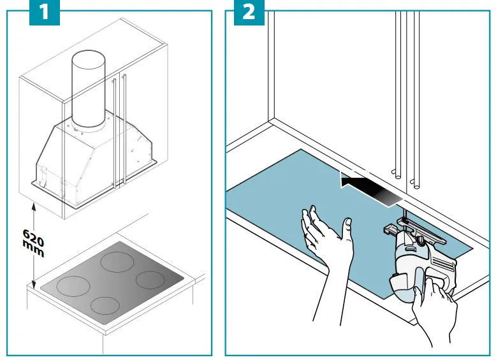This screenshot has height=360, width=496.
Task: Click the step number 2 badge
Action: pos(248,13)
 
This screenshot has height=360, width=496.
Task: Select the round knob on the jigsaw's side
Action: pos(421,241)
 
